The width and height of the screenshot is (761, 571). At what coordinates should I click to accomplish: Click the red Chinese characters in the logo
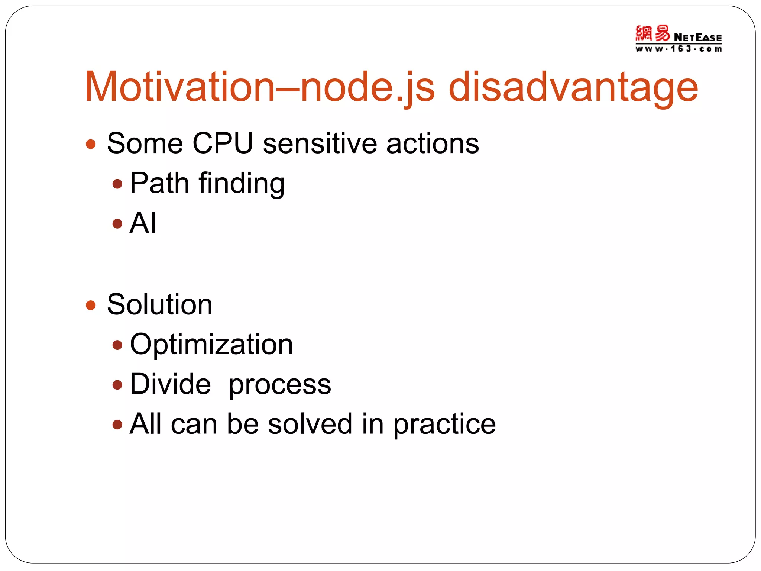click(652, 34)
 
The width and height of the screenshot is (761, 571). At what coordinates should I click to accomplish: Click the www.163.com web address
click(678, 49)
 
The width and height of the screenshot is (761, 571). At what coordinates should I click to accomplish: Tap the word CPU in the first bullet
click(223, 143)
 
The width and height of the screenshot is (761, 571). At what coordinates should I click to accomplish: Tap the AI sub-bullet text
click(143, 223)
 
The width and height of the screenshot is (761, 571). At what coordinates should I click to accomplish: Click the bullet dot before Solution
click(91, 306)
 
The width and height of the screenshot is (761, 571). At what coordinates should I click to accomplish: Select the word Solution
click(160, 305)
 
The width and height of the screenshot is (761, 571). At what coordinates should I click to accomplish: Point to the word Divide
click(170, 384)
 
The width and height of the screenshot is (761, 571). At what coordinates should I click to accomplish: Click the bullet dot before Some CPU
click(91, 144)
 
